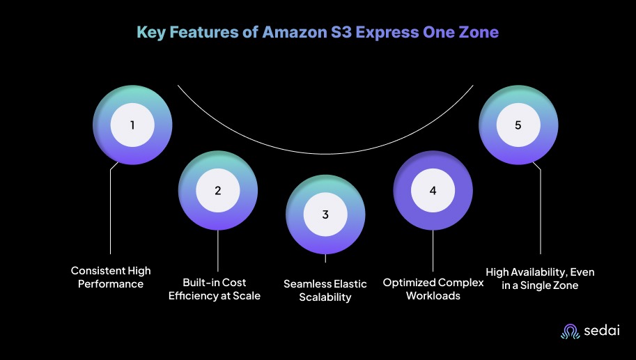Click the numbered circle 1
[x=132, y=125]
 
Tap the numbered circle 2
[x=217, y=189]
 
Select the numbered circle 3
[x=325, y=214]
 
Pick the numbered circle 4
[x=433, y=189]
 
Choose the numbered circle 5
[x=518, y=125]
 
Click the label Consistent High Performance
[x=111, y=277]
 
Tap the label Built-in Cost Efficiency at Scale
[x=217, y=289]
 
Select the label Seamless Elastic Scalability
[x=325, y=290]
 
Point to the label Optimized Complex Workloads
[x=433, y=289]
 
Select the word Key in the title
[x=150, y=32]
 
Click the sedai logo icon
[x=570, y=332]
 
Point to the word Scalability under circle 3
[x=325, y=297]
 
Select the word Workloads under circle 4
[x=433, y=295]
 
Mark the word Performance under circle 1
[x=111, y=284]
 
